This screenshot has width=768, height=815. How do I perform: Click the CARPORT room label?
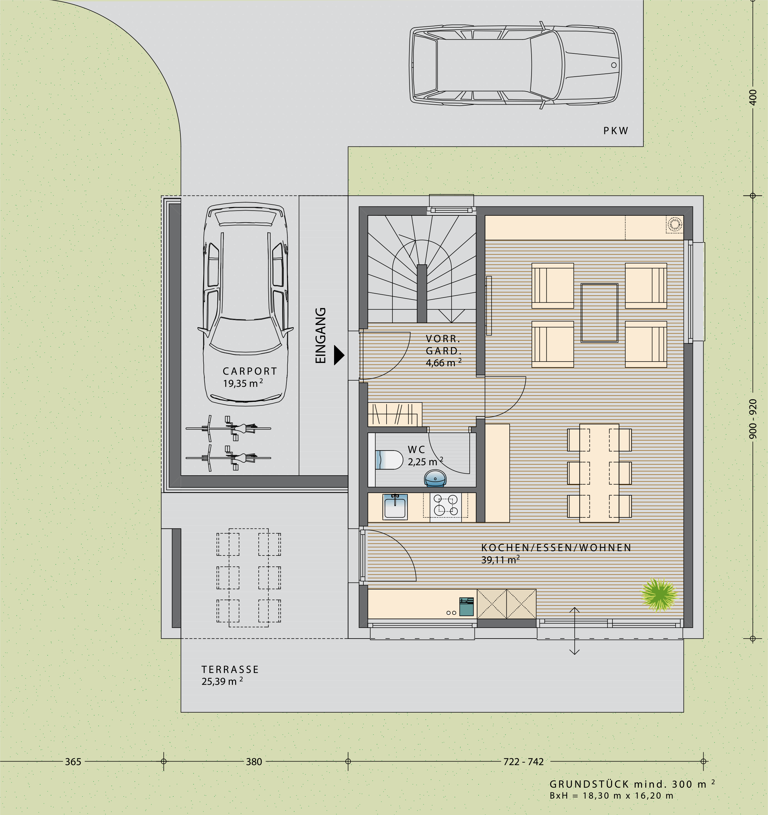250,371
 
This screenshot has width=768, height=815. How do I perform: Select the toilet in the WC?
389,460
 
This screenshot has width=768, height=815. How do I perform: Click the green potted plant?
659,594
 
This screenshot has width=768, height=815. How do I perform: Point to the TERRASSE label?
230,669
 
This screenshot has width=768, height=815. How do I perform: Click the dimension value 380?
254,762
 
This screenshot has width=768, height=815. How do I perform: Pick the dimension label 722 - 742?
523,762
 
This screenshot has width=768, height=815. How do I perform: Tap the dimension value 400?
753,97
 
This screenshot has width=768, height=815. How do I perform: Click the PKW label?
616,131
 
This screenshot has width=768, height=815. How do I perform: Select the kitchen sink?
395,507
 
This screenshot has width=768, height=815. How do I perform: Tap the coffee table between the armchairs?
600,313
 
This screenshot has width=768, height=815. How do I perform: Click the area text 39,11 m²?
500,560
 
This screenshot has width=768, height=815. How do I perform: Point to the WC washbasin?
435,479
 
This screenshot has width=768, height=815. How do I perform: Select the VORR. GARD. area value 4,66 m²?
444,362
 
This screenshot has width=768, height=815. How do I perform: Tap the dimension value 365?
73,762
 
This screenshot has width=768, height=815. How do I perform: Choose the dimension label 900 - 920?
753,419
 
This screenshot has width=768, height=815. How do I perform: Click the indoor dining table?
599,473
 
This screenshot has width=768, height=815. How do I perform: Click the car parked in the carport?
245,304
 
